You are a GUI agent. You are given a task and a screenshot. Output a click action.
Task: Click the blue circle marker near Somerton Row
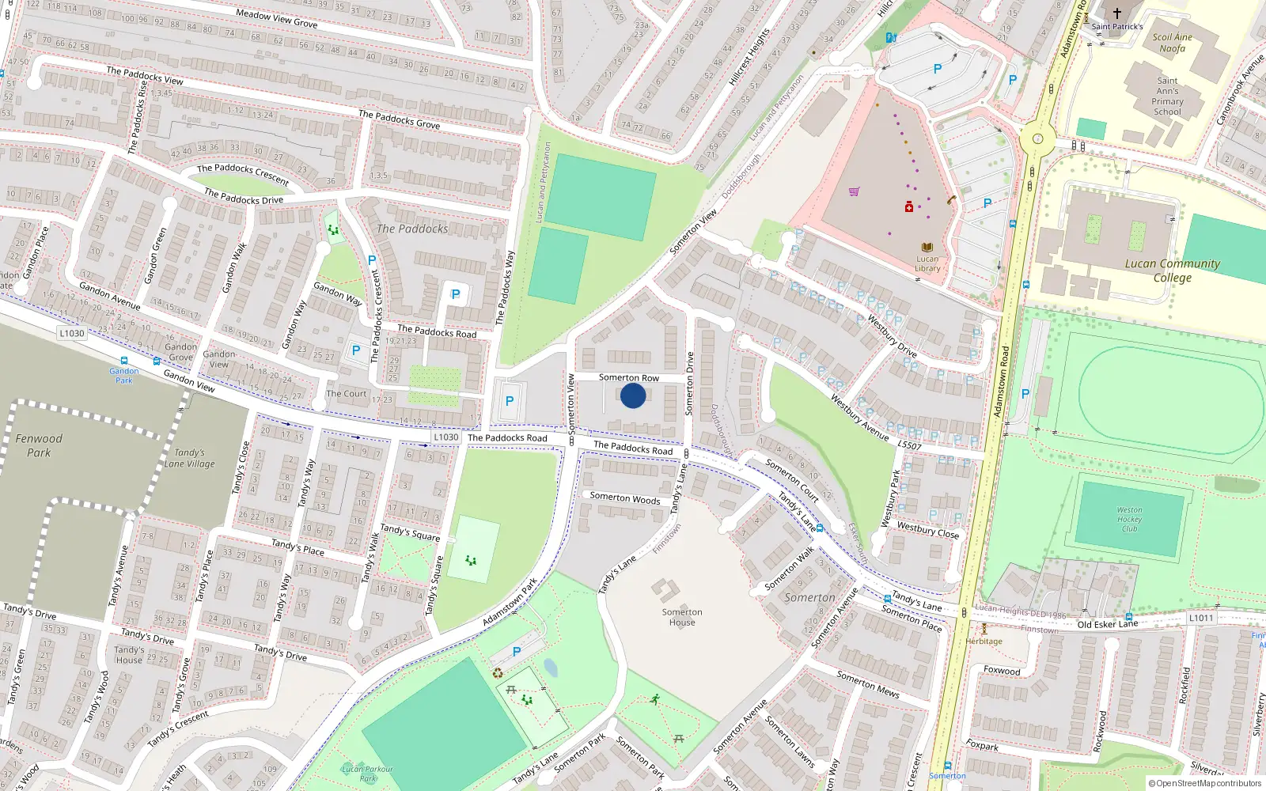click(x=633, y=395)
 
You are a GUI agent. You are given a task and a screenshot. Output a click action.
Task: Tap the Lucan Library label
click(x=927, y=263)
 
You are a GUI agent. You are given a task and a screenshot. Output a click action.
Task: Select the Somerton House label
click(x=682, y=617)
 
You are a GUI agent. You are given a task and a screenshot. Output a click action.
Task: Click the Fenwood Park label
click(x=39, y=445)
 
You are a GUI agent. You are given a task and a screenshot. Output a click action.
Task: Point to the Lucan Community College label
click(x=1172, y=271)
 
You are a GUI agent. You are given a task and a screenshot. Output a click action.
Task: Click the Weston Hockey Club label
click(x=1129, y=520)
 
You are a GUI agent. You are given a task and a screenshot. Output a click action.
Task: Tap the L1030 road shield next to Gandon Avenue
click(x=72, y=333)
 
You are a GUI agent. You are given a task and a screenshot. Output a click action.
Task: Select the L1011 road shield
click(x=1200, y=618)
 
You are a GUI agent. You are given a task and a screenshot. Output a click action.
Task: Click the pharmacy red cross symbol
click(x=909, y=207)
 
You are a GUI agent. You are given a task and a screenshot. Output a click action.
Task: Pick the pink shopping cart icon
click(x=854, y=191)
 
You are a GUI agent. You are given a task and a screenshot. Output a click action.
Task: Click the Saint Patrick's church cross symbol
click(x=1117, y=13)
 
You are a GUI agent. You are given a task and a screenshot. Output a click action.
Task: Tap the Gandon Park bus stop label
click(x=124, y=375)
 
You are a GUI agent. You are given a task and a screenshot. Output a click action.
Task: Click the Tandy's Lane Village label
click(x=189, y=459)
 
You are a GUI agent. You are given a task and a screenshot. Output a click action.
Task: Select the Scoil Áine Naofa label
click(x=1172, y=43)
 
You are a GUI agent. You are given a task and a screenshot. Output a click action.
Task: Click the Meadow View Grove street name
click(x=277, y=18)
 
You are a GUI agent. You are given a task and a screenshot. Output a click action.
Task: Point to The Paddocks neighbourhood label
click(x=412, y=229)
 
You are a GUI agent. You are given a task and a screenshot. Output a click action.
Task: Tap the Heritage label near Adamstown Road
click(x=984, y=642)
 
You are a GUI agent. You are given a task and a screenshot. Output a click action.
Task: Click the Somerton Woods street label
click(x=624, y=498)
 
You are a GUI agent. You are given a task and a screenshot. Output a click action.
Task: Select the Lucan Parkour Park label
click(x=367, y=773)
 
